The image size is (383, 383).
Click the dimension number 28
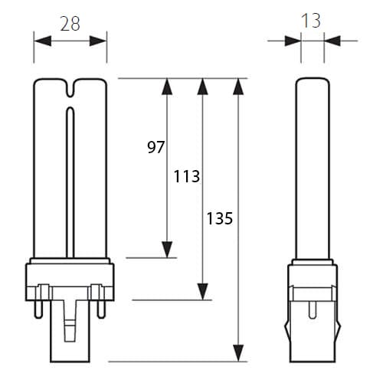point(70,24)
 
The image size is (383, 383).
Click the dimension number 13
point(311,21)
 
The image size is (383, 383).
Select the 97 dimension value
point(155,147)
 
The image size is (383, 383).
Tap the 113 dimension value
point(187,176)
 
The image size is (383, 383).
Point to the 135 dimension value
point(220,218)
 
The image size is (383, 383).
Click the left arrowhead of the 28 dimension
point(43,41)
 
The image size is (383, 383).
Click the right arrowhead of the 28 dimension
point(98,41)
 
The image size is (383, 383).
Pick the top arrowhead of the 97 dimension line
point(167,87)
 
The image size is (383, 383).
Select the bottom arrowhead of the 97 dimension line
point(167,250)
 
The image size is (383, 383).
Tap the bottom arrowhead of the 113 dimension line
point(202,292)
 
